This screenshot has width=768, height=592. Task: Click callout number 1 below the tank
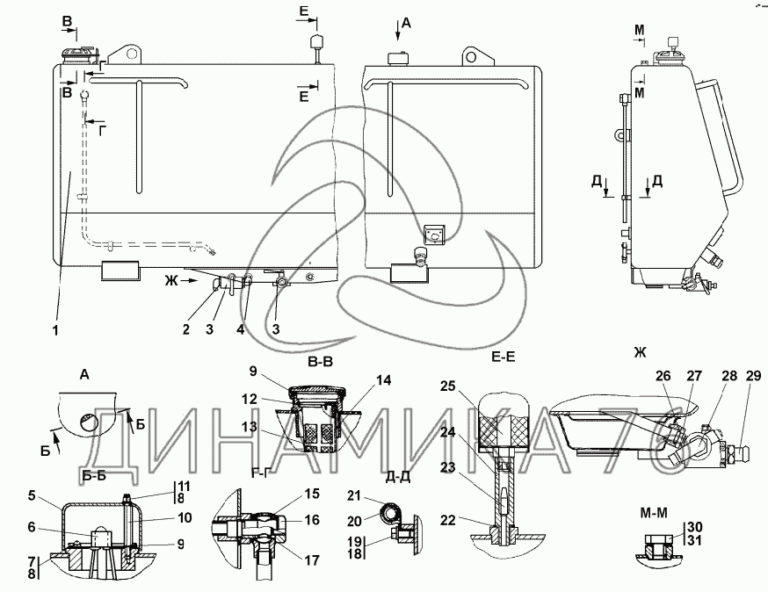tap(55, 330)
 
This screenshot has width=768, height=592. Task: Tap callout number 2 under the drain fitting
tap(185, 329)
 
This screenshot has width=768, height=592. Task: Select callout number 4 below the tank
tap(241, 329)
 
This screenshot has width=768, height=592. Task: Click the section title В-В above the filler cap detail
tap(321, 362)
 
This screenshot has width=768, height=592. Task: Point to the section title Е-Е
tap(504, 357)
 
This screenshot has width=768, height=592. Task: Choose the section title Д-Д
tap(397, 476)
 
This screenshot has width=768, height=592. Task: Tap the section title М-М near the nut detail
tap(654, 513)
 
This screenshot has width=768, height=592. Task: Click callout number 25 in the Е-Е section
tap(447, 386)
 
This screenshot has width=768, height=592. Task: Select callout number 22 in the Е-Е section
tap(447, 520)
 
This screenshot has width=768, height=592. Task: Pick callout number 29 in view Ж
tap(753, 376)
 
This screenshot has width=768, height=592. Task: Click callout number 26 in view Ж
tap(663, 376)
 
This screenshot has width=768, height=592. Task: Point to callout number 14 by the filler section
tap(383, 380)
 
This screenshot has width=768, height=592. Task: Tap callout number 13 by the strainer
tap(249, 427)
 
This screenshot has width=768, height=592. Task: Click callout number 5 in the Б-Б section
tap(32, 495)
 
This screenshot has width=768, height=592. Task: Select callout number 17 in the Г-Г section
tap(312, 560)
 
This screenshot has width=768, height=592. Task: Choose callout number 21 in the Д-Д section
tap(353, 496)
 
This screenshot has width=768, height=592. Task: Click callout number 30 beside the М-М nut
tap(694, 527)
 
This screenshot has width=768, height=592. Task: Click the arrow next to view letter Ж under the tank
tap(188, 281)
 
